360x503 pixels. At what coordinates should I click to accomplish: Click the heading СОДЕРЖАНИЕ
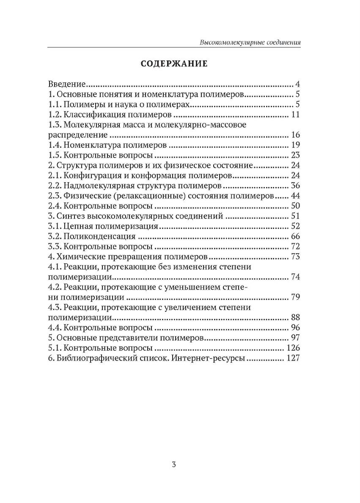tap(174, 64)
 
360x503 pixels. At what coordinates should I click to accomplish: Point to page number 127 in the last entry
tap(293, 359)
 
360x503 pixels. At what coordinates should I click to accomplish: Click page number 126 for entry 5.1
tap(293, 348)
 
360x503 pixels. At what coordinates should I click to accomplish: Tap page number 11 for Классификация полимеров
tap(295, 115)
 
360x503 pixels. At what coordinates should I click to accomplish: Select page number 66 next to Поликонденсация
tap(295, 236)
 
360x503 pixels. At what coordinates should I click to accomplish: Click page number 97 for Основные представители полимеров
tap(295, 338)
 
